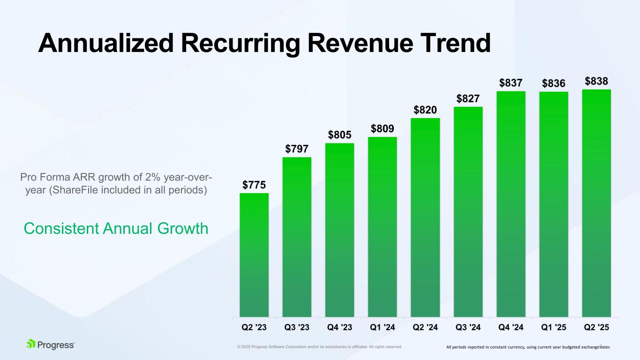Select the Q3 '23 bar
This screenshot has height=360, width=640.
297,237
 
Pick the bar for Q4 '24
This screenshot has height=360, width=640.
511,203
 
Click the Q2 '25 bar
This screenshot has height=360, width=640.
596,202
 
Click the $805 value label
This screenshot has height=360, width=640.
339,135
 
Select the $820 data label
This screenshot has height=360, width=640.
425,110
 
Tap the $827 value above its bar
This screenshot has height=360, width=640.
468,99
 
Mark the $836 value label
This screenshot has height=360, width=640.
554,83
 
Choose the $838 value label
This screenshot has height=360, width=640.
597,82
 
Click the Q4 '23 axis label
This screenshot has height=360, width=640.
339,328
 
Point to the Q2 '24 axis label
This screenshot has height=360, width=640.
425,328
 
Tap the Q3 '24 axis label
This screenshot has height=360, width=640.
468,328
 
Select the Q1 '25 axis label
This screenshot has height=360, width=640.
554,328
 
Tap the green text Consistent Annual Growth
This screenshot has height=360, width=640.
116,229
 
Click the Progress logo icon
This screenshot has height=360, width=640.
31,344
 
